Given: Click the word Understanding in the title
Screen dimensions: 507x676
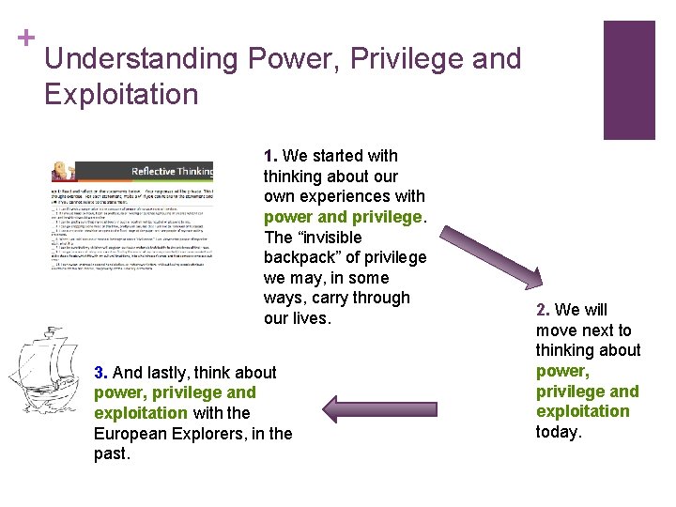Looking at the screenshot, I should coord(141,59).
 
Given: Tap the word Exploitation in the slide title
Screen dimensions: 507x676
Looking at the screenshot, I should coord(121,95).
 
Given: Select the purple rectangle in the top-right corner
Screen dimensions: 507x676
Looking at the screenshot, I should coord(629,80).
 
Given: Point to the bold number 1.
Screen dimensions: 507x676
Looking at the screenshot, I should coord(270,156).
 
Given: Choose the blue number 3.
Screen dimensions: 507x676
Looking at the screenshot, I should coord(100,373).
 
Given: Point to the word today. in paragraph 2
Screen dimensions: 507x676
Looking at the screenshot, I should coord(560,432).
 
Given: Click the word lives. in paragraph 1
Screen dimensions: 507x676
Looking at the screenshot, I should coord(312,318).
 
